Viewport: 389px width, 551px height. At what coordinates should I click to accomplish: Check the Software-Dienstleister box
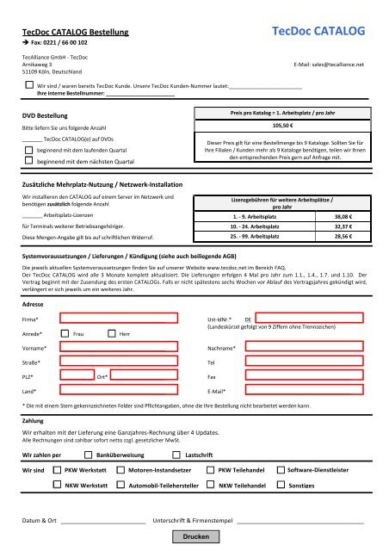280,470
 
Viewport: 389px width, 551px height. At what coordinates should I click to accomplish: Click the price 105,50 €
281,125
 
